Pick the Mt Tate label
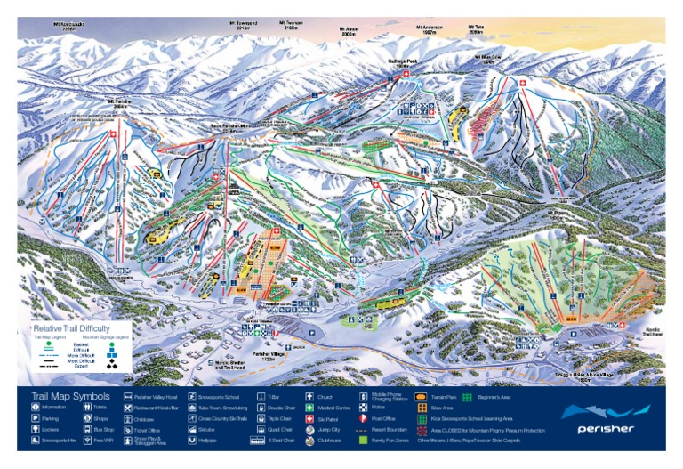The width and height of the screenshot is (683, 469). click(476, 28)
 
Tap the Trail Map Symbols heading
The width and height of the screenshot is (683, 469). click(70, 396)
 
